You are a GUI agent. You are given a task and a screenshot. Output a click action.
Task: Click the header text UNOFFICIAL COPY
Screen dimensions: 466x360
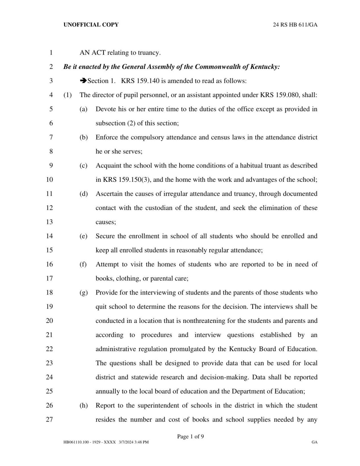pos(91,25)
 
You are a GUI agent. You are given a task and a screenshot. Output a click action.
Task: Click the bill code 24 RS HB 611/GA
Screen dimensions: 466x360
pos(295,25)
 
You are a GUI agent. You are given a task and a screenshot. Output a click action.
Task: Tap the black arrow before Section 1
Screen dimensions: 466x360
pos(83,81)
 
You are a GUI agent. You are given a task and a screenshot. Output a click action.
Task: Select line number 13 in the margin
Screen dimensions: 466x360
pos(49,222)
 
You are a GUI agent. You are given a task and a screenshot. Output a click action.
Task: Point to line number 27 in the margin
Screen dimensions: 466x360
pos(49,419)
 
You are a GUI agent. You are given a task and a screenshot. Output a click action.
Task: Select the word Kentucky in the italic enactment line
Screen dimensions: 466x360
pos(265,67)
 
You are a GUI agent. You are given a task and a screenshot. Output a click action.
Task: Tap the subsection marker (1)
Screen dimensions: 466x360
pos(67,95)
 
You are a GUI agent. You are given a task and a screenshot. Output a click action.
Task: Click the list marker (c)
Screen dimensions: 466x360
pos(83,166)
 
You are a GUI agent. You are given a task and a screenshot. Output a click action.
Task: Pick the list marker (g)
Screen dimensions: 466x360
pos(83,292)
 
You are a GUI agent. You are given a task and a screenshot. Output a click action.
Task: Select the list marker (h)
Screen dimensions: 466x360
pos(83,405)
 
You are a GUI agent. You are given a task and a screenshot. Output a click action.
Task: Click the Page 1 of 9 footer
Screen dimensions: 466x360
pos(190,436)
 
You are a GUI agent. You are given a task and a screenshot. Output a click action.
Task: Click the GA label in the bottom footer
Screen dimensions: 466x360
pos(314,442)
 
